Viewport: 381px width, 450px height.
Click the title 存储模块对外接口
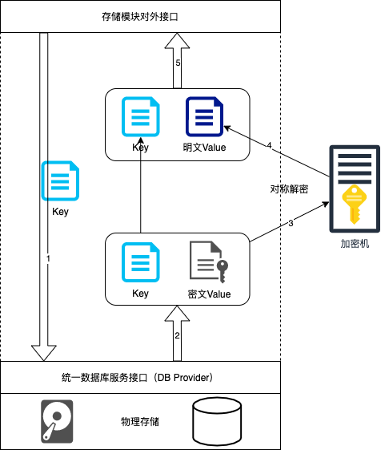(140, 17)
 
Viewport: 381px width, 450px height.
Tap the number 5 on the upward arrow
(178, 63)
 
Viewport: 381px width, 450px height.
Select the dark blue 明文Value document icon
(205, 116)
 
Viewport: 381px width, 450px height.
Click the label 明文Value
(205, 148)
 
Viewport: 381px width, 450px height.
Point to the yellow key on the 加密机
(355, 205)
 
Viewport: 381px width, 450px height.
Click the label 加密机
(355, 244)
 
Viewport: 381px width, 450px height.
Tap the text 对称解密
(289, 189)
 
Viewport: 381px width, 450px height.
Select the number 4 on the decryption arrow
(269, 145)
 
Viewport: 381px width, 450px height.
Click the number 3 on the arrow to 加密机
(291, 223)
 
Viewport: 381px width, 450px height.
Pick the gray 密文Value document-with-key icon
(209, 261)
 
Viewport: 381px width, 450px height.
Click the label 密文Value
(209, 294)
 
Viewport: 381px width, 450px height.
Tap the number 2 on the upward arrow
(178, 335)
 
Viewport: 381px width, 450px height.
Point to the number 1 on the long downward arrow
(48, 258)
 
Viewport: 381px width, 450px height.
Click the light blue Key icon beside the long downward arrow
(60, 180)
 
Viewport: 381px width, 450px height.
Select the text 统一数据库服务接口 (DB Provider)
(137, 377)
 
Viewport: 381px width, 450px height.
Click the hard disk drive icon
(57, 421)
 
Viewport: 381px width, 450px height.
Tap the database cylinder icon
(217, 421)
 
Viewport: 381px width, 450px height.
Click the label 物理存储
(140, 422)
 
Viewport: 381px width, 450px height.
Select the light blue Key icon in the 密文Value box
(140, 262)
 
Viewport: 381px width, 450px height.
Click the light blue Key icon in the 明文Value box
(140, 116)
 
